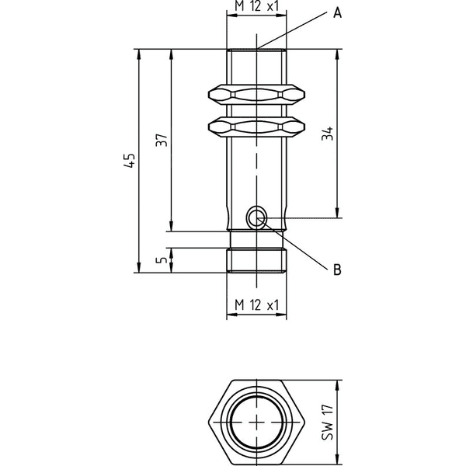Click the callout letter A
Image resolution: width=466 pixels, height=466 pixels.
pos(337,13)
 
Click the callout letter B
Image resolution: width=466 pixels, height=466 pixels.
pos(337,270)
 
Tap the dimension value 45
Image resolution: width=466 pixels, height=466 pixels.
pos(130,161)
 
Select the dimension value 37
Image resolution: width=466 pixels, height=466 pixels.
pos(162,140)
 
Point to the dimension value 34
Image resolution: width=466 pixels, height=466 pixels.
pos(328,134)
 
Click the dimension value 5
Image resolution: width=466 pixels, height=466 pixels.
pos(162,260)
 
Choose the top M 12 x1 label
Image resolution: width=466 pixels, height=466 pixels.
pos(257,6)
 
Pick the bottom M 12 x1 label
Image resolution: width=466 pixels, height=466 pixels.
pos(257,305)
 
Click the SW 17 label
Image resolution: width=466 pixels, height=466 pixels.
pos(328,422)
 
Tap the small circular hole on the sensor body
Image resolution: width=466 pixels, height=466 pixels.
pos(257,217)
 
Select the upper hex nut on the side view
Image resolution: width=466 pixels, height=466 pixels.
pos(256,95)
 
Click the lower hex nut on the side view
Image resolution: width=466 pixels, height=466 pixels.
pos(256,127)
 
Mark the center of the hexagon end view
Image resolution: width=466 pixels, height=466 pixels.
pos(257,422)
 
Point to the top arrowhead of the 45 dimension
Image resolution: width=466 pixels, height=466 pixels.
pos(138,54)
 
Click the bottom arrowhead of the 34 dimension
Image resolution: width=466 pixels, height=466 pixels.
pos(337,213)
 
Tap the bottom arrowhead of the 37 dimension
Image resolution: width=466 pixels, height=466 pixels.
pos(171,226)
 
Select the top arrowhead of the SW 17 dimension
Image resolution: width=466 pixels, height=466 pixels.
pos(337,385)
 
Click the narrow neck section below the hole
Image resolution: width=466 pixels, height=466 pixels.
pos(256,239)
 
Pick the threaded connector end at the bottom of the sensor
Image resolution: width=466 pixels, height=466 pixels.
pos(256,260)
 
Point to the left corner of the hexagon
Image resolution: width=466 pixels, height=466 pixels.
pos(208,422)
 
